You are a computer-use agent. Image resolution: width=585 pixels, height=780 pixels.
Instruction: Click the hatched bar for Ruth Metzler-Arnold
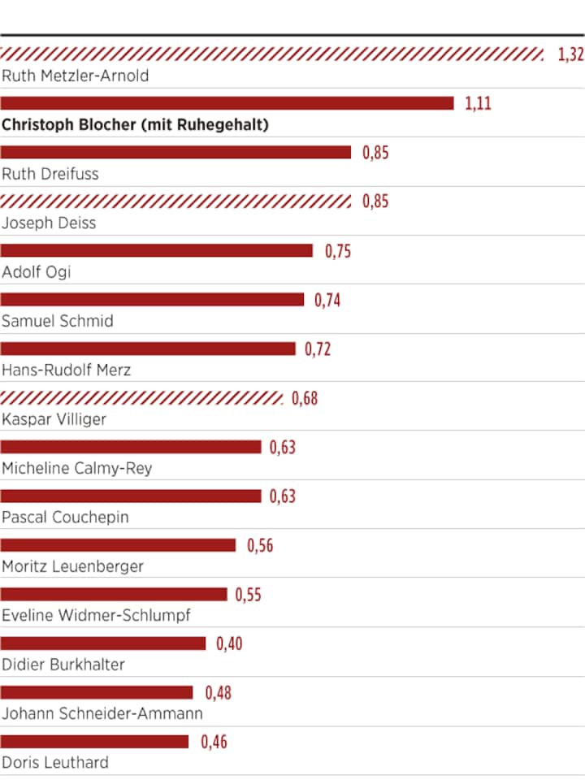272,54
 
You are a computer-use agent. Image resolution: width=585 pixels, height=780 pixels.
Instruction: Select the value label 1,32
570,54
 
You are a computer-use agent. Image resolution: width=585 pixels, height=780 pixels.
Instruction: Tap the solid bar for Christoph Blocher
227,103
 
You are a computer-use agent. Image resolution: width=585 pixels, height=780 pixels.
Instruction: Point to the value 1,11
478,103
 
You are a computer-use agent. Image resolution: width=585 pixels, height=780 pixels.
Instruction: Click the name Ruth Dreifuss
50,173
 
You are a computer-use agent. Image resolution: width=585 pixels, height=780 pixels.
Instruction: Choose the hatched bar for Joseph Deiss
176,201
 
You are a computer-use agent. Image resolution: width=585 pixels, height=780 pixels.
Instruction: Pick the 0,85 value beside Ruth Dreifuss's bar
375,153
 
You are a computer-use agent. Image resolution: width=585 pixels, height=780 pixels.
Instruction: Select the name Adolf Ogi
37,271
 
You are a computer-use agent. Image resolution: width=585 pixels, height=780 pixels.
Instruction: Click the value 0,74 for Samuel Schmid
327,301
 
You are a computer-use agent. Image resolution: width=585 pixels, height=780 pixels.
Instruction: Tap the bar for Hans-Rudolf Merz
148,349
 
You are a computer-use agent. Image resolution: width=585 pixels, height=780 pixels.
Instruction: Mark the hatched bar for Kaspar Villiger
142,398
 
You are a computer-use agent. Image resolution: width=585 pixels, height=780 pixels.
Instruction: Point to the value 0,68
305,399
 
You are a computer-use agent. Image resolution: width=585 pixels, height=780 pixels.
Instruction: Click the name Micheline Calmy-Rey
77,468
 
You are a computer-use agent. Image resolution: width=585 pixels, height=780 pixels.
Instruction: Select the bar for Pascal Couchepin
131,496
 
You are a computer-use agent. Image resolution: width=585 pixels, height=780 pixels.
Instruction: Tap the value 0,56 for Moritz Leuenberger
260,545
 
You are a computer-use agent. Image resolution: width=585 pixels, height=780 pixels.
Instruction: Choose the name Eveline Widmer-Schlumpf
96,615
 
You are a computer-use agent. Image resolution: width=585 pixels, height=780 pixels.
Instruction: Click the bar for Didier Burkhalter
103,643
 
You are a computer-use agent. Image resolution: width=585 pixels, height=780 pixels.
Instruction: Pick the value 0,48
218,693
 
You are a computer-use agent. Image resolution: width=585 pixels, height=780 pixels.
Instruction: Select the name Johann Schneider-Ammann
102,713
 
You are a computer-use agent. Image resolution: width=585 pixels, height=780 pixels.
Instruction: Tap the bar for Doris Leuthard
94,742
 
